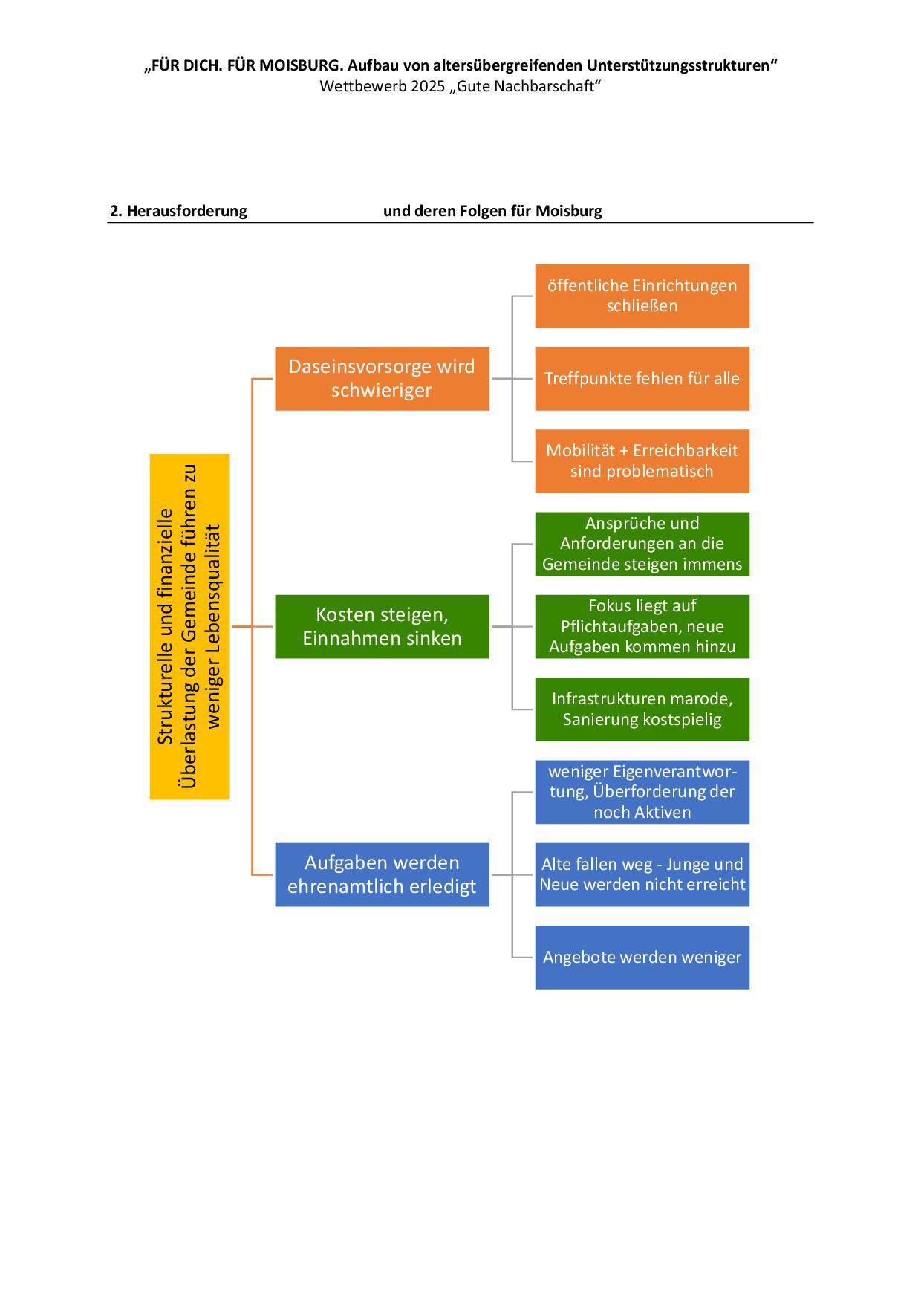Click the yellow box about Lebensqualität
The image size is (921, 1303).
click(x=189, y=626)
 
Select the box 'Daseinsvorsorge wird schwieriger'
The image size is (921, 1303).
click(x=382, y=378)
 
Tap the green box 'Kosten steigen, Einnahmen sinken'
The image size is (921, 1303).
click(x=382, y=626)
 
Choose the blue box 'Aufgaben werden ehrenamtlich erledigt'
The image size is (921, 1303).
click(x=382, y=874)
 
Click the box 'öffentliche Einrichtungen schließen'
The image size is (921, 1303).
click(x=642, y=296)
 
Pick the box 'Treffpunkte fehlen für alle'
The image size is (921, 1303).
click(x=642, y=378)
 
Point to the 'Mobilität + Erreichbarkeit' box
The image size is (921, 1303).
click(x=642, y=461)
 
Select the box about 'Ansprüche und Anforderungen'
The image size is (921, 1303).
click(x=642, y=544)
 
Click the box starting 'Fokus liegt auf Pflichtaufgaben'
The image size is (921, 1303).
click(x=642, y=626)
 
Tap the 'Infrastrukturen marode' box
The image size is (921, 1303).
click(x=642, y=709)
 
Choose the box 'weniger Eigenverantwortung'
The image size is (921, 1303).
click(x=642, y=792)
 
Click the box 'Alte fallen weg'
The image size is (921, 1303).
click(x=642, y=874)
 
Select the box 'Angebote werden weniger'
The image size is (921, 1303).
click(x=642, y=957)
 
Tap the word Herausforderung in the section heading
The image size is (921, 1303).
click(x=186, y=211)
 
